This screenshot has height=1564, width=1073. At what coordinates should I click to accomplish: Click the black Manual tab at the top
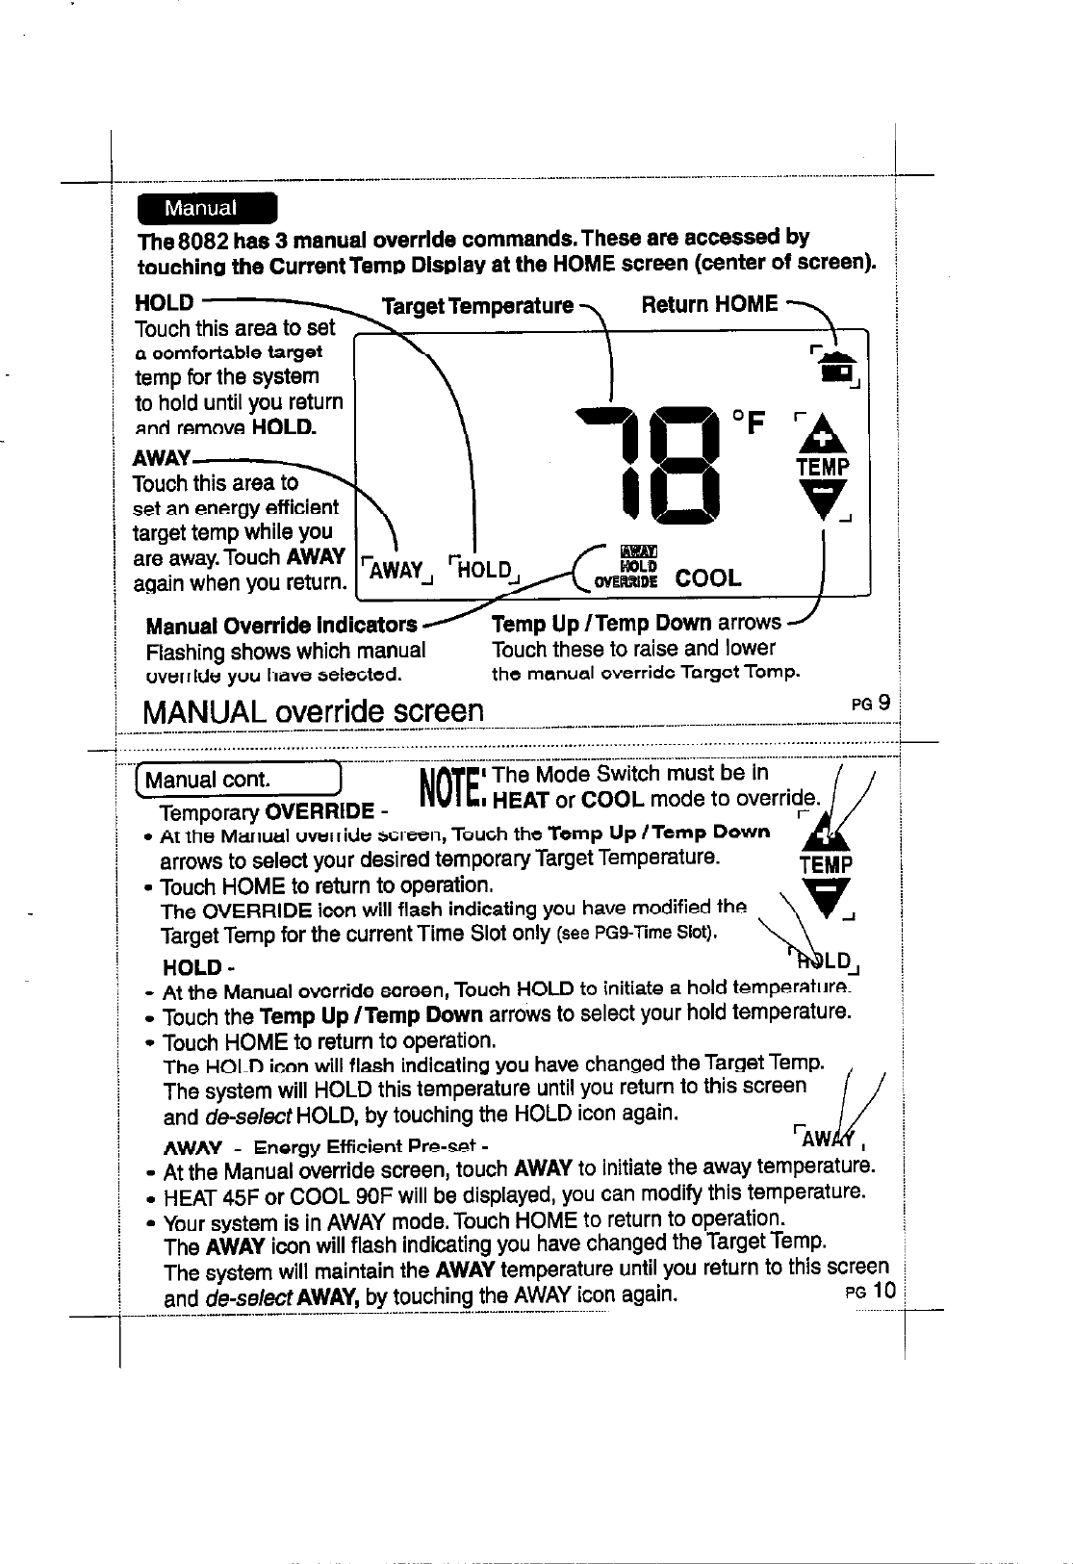(x=206, y=208)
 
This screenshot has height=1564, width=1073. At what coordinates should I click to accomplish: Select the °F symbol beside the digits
(x=749, y=422)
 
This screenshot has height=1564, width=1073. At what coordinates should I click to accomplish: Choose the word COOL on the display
(x=708, y=577)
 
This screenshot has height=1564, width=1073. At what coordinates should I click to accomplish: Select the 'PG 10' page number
(x=871, y=1290)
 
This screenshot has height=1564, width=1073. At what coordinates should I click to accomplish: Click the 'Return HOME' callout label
(x=709, y=305)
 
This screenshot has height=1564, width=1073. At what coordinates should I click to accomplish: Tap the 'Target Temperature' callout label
(x=477, y=306)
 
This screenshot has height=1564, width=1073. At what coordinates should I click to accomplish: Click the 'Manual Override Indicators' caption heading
(x=281, y=625)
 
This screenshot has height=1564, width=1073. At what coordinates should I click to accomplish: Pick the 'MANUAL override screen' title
(x=312, y=711)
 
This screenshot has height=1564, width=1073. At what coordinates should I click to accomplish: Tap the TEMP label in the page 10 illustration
(x=824, y=864)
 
